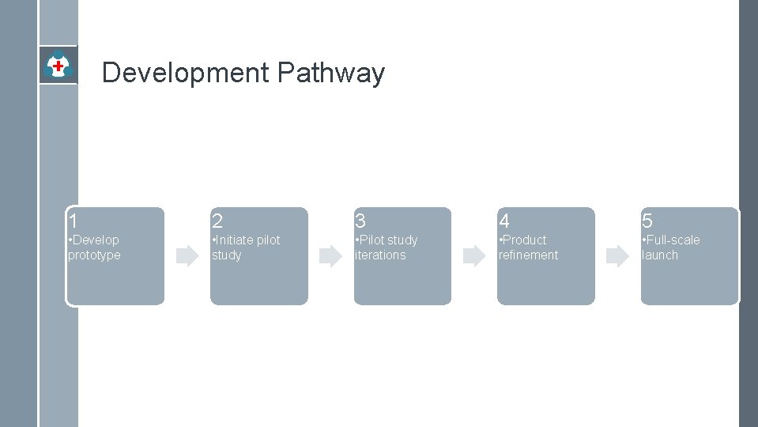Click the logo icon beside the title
[x=58, y=65]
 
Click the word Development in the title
[x=186, y=73]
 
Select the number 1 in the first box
[x=73, y=221]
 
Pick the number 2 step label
[x=217, y=221]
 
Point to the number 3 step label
[x=360, y=221]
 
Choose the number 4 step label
[x=504, y=221]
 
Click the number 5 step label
[x=647, y=221]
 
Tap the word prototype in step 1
[x=94, y=255]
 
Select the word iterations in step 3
[x=380, y=255]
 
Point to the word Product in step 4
[x=524, y=240]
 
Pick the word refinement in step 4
[x=528, y=255]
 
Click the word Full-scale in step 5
[x=673, y=240]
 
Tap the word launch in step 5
[x=660, y=255]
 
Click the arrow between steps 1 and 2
[x=187, y=255]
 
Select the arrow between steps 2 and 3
[x=330, y=255]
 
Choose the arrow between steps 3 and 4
[x=474, y=255]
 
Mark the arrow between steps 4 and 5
[x=617, y=255]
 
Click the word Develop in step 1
[x=96, y=240]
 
